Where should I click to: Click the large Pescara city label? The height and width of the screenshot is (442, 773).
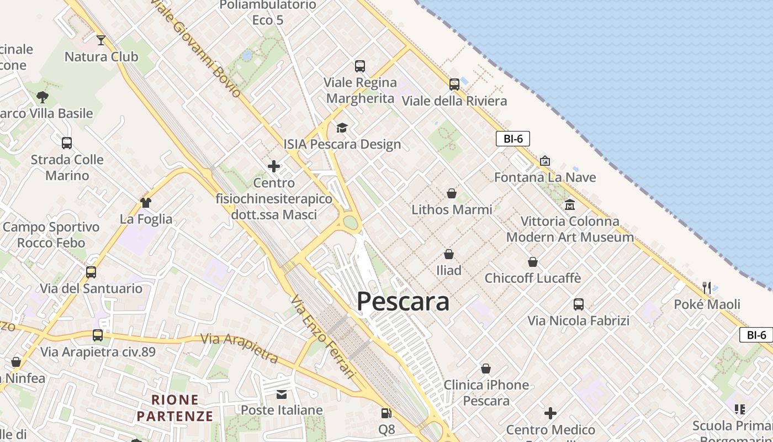pyautogui.click(x=403, y=302)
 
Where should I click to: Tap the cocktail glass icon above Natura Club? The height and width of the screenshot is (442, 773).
pyautogui.click(x=101, y=40)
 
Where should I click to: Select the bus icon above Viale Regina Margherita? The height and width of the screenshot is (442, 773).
pyautogui.click(x=360, y=66)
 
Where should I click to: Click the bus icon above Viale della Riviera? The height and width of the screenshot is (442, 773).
pyautogui.click(x=454, y=85)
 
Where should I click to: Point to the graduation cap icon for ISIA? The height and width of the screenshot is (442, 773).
pyautogui.click(x=342, y=128)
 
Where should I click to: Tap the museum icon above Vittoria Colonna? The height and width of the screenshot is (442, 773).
pyautogui.click(x=570, y=205)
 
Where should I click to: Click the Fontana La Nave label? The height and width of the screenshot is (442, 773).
pyautogui.click(x=544, y=177)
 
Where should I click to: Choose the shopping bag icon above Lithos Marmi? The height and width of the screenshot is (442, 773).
pyautogui.click(x=452, y=193)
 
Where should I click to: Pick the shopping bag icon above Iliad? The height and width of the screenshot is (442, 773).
pyautogui.click(x=448, y=254)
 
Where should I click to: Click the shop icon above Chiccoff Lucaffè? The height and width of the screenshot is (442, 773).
pyautogui.click(x=533, y=262)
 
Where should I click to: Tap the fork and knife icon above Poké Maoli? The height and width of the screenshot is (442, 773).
pyautogui.click(x=707, y=288)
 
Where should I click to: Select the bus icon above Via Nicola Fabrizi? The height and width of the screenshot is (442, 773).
pyautogui.click(x=578, y=304)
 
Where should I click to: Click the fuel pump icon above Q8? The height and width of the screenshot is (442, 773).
pyautogui.click(x=386, y=413)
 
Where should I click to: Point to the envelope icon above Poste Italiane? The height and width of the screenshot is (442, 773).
pyautogui.click(x=282, y=394)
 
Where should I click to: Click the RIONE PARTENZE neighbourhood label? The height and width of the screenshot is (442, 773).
pyautogui.click(x=175, y=408)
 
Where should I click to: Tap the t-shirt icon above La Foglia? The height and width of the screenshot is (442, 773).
pyautogui.click(x=146, y=203)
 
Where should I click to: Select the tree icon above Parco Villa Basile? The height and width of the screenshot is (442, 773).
pyautogui.click(x=43, y=98)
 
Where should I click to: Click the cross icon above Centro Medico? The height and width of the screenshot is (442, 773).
pyautogui.click(x=550, y=413)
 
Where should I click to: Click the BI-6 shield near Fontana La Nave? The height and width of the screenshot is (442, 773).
pyautogui.click(x=512, y=139)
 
